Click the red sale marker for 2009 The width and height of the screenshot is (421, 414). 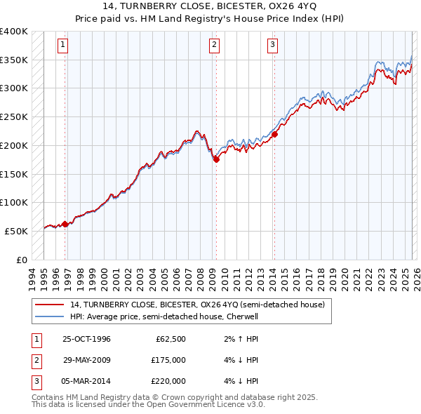click(x=216, y=159)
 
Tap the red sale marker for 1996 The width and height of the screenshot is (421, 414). click(x=65, y=224)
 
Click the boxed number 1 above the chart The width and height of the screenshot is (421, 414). click(x=63, y=46)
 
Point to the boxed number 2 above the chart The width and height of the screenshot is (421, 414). click(x=214, y=46)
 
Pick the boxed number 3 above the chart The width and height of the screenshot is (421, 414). click(x=272, y=46)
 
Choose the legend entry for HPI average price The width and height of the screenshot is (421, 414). click(x=163, y=316)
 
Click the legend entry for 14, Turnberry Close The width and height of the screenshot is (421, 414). click(x=196, y=305)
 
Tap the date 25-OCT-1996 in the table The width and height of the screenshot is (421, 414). click(x=86, y=340)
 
